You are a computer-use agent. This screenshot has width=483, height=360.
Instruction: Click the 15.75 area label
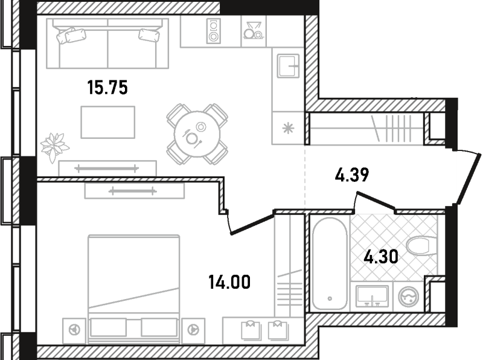[107, 87]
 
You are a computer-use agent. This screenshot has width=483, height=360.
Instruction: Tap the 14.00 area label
[229, 282]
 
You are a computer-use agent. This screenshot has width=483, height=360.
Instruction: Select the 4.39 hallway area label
[352, 175]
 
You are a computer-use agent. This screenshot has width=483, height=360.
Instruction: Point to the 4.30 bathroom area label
[381, 257]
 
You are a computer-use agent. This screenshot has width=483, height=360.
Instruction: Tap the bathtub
[329, 263]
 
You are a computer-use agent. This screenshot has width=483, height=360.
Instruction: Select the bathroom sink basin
[372, 296]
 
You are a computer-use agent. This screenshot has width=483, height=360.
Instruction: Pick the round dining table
[197, 134]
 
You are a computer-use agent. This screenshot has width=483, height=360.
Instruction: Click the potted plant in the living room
[54, 147]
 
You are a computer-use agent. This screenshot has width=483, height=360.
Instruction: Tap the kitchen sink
[288, 66]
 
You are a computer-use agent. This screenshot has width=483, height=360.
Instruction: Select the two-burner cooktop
[214, 31]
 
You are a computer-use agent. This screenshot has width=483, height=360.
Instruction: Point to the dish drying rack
[253, 31]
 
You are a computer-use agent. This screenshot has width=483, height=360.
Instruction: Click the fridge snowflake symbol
[289, 128]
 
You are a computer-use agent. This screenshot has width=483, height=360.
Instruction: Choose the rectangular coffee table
[108, 122]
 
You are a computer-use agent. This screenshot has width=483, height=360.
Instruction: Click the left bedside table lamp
[74, 330]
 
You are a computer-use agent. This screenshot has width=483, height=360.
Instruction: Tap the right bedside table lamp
[193, 330]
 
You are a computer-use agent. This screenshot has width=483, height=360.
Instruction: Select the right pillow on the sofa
[149, 35]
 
